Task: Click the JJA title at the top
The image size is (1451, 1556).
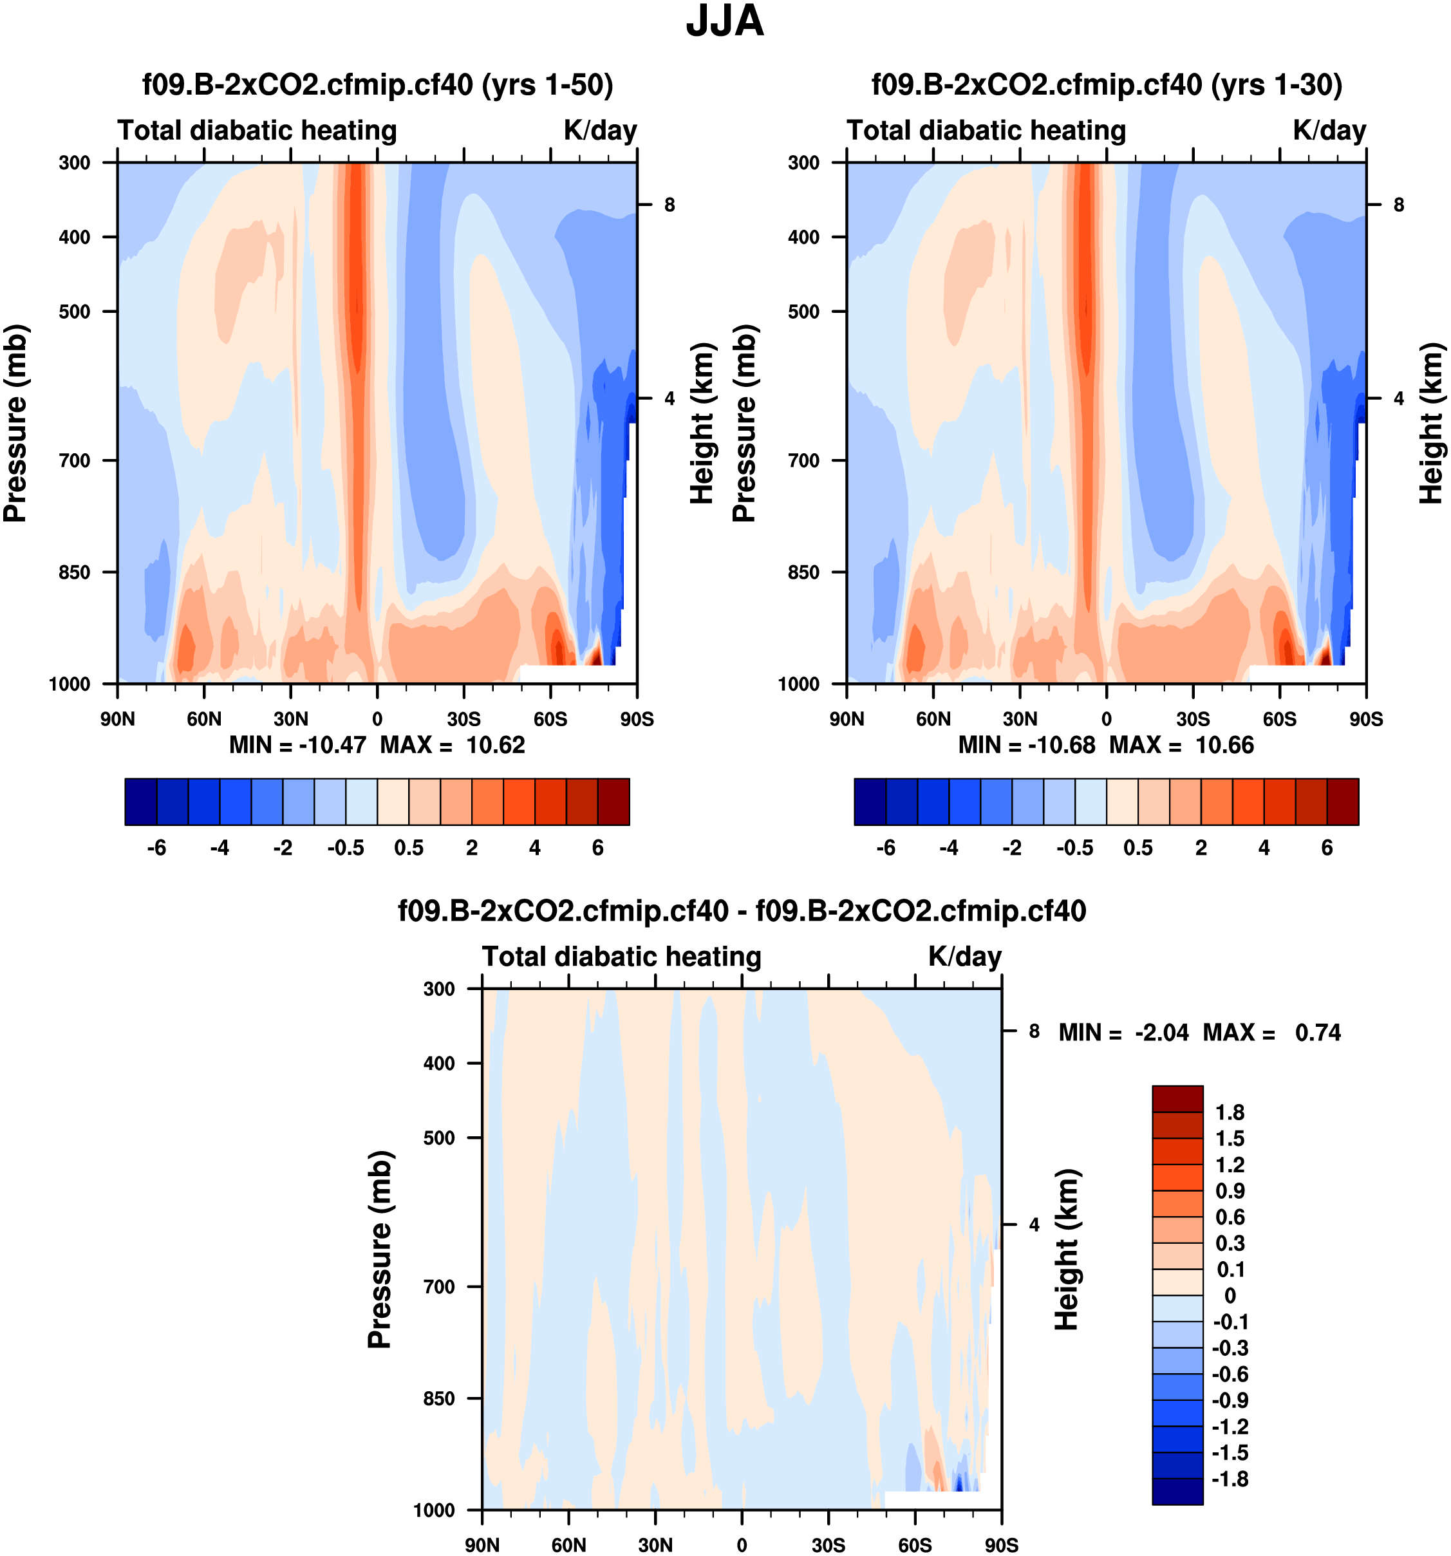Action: click(724, 22)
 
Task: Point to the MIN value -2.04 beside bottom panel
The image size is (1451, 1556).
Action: click(1161, 1033)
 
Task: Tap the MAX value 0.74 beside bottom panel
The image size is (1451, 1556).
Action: click(1317, 1033)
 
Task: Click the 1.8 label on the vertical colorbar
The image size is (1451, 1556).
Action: click(1229, 1112)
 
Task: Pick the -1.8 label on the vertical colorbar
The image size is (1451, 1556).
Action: click(1229, 1479)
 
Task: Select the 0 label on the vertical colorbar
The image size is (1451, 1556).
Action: click(1230, 1295)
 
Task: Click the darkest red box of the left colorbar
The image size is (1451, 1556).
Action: click(613, 801)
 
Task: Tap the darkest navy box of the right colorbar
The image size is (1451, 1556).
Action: click(870, 801)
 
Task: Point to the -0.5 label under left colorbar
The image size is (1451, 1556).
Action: click(345, 848)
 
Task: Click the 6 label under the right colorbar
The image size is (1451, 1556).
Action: click(1327, 848)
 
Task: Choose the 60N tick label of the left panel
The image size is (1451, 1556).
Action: click(203, 718)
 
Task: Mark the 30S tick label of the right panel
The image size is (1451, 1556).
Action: click(1193, 718)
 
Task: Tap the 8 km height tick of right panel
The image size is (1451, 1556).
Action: click(1399, 205)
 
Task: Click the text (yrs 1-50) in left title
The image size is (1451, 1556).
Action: click(547, 84)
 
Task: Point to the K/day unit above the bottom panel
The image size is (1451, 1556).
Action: click(964, 957)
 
